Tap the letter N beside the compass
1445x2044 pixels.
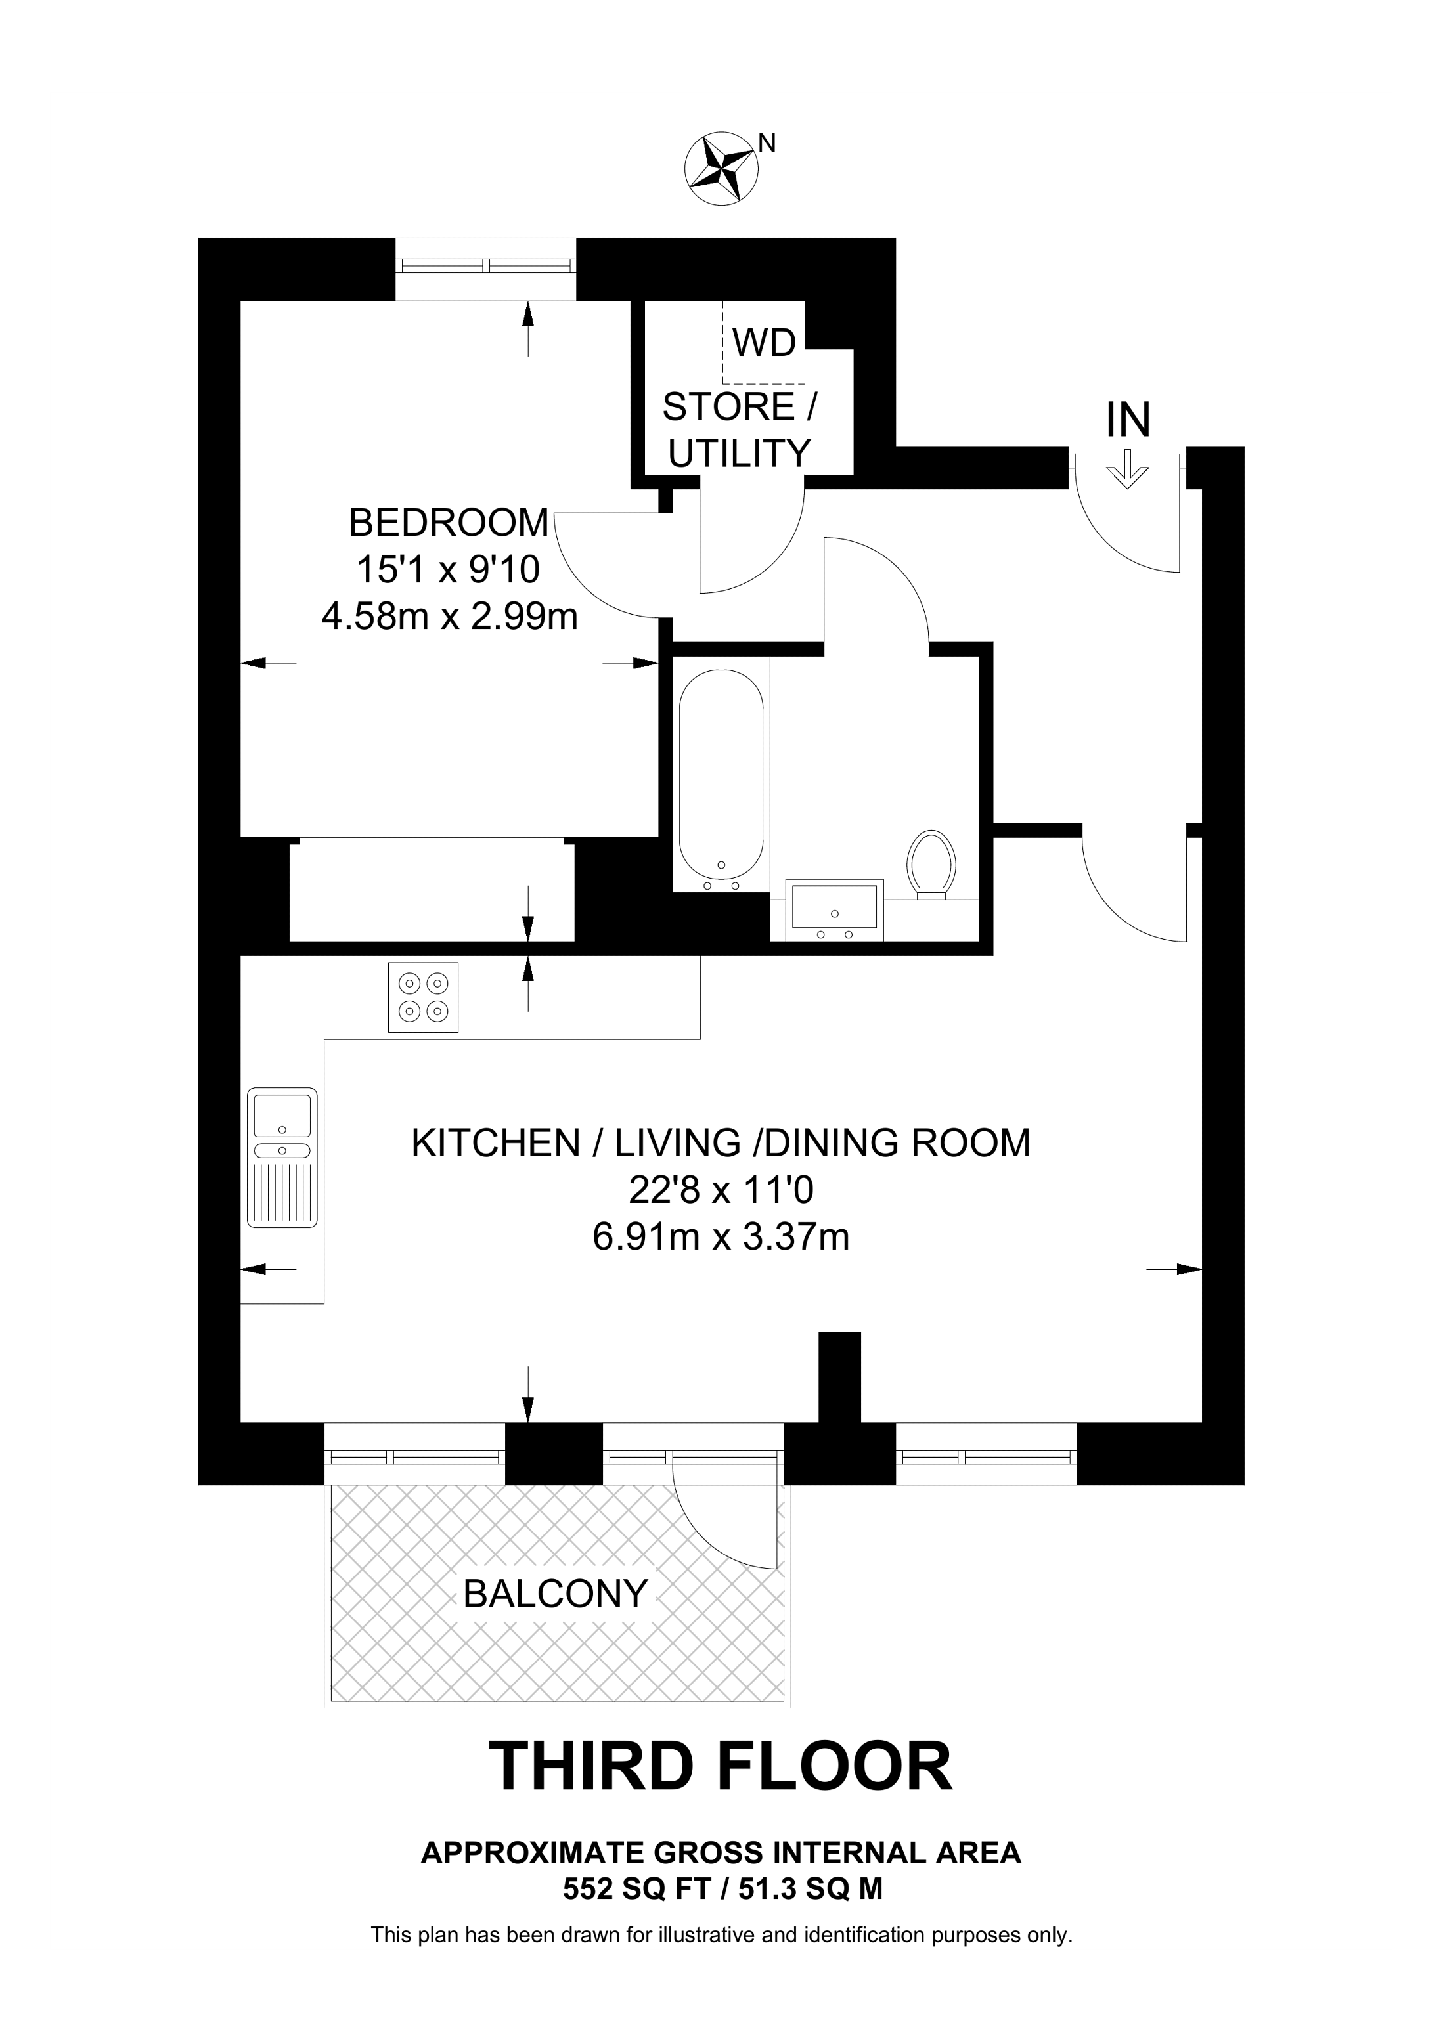tap(767, 142)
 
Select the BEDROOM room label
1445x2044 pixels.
tap(449, 523)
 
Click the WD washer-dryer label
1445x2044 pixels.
tap(764, 342)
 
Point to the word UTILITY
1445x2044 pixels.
tap(739, 453)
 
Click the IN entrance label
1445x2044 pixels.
tap(1128, 420)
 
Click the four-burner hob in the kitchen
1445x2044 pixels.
tap(423, 997)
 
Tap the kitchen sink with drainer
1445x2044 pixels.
tap(282, 1158)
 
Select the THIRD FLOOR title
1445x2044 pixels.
tap(721, 1767)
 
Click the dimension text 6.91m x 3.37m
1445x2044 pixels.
tap(721, 1236)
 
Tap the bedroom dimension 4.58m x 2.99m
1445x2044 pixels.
tap(450, 616)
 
